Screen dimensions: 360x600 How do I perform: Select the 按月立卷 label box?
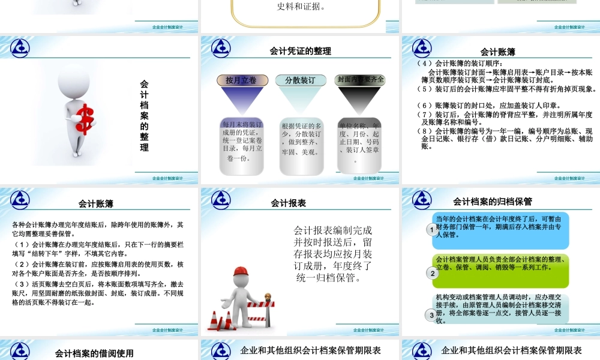tap(241, 80)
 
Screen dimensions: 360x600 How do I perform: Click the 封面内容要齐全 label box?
tap(360, 79)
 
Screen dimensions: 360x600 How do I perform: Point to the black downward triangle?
tap(359, 100)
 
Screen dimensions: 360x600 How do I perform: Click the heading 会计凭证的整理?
tap(300, 52)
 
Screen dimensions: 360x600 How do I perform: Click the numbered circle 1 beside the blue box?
tap(431, 230)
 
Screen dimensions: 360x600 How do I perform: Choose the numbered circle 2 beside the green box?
tap(431, 273)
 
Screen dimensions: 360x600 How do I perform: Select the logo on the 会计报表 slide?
tap(220, 199)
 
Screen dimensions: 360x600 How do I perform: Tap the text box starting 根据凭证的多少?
tap(301, 140)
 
